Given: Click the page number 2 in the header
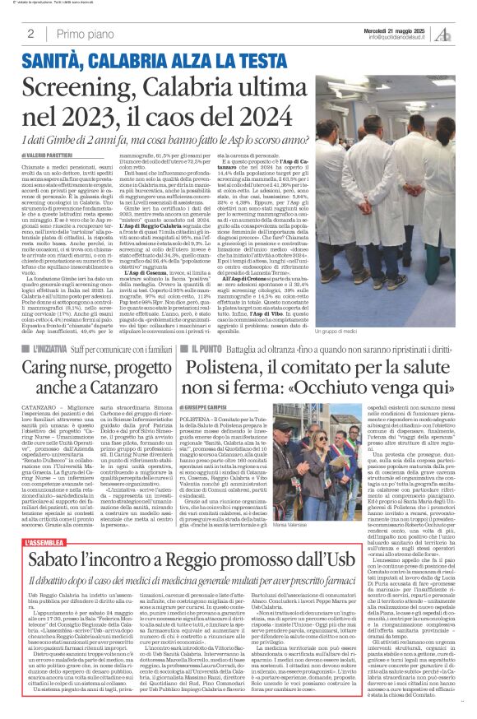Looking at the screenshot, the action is point(30,34).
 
